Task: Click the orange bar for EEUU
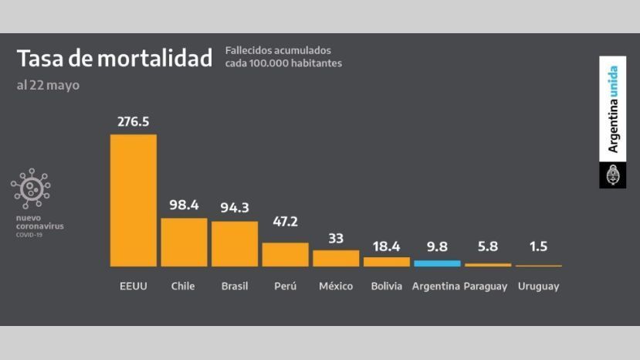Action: click(134, 201)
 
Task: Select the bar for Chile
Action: click(184, 242)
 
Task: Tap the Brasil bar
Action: click(235, 243)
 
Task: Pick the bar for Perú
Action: click(285, 254)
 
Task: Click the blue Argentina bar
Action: click(437, 263)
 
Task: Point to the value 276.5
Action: click(133, 121)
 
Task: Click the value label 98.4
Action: click(184, 205)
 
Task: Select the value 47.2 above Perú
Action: click(285, 222)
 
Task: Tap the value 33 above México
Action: click(336, 238)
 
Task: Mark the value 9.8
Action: click(437, 247)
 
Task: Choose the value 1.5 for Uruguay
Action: click(538, 247)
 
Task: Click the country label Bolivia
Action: click(386, 287)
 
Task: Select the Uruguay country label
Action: click(538, 287)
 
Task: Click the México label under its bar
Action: click(336, 287)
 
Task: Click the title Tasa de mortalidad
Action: click(114, 59)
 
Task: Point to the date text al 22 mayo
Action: click(48, 85)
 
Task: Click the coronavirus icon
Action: click(31, 189)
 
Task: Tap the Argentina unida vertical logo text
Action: click(613, 109)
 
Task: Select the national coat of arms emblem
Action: click(613, 175)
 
